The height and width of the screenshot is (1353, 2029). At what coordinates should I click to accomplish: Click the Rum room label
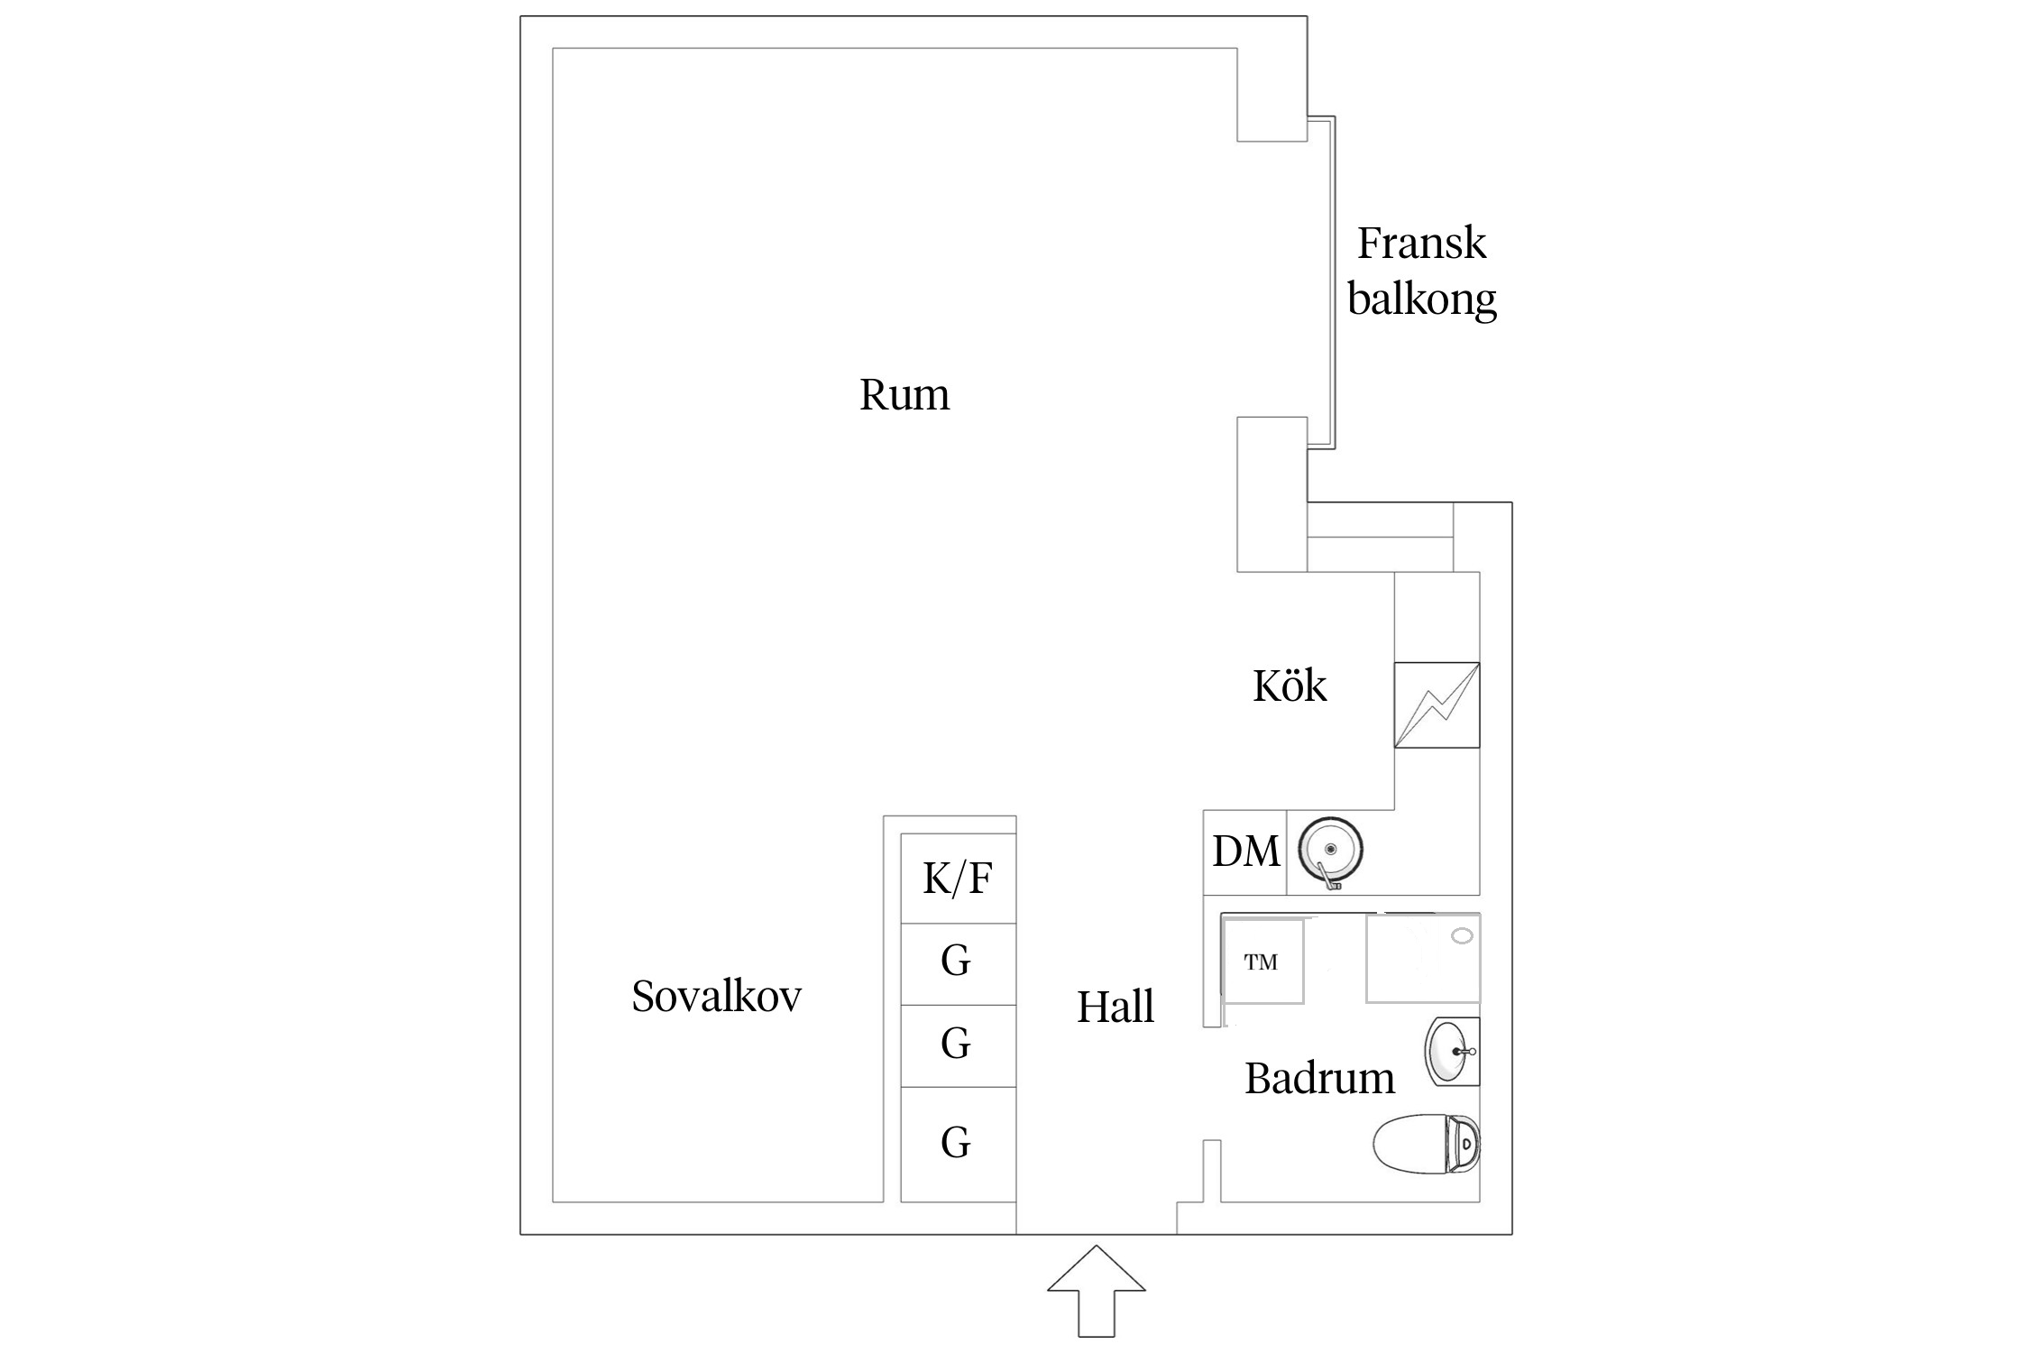[904, 395]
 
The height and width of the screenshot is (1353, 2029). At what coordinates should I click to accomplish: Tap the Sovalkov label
[717, 997]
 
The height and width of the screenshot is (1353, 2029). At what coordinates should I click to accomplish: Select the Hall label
[1115, 1007]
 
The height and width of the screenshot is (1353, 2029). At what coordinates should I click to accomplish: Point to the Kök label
[1290, 686]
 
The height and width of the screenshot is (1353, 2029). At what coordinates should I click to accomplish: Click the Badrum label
[1319, 1078]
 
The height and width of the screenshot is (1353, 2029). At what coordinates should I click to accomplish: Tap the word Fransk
[1421, 243]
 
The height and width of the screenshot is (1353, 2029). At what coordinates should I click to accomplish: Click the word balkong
[1422, 299]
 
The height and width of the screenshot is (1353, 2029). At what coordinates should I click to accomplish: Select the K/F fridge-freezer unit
[959, 878]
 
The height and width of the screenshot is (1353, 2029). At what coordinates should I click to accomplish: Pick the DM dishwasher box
[1245, 851]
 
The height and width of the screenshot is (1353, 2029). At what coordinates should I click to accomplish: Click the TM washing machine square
[1262, 962]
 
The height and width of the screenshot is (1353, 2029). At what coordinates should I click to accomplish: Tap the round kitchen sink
[1330, 851]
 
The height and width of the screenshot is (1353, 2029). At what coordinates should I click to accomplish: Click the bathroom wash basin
[1452, 1052]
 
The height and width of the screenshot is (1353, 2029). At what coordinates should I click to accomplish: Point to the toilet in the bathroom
[1427, 1144]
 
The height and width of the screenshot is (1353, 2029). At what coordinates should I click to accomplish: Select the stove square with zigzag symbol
[1437, 705]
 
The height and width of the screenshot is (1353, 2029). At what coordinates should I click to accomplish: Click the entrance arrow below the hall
[1097, 1291]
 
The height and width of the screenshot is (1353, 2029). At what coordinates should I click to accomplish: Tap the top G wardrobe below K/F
[959, 964]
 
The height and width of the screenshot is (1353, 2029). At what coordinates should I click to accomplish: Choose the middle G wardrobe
[959, 1045]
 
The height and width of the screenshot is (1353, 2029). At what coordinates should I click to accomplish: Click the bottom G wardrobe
[959, 1145]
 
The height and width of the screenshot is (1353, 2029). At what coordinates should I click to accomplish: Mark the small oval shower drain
[1462, 936]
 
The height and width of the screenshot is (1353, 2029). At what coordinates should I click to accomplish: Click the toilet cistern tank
[1463, 1144]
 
